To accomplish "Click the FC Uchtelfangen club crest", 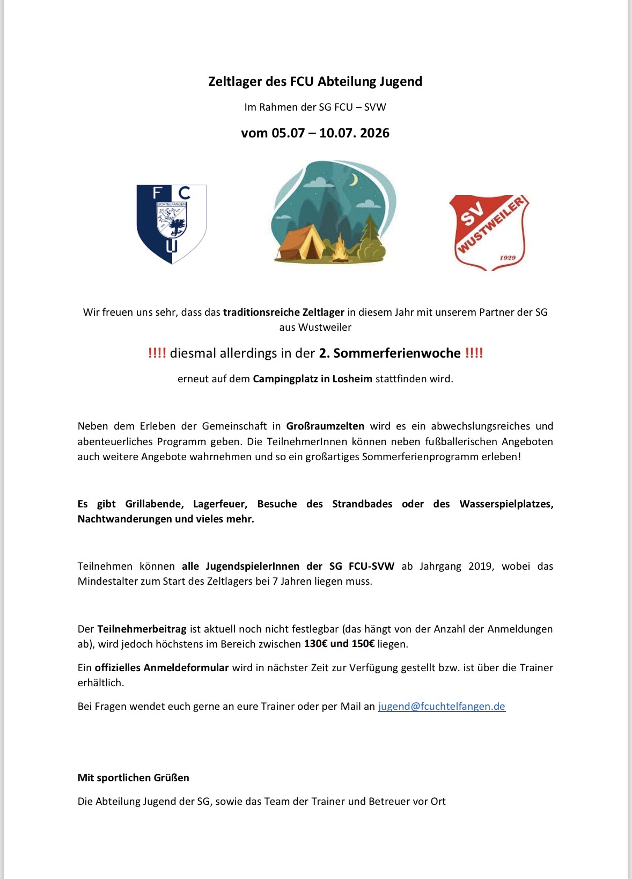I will pos(172,224).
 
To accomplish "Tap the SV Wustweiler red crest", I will pos(488,233).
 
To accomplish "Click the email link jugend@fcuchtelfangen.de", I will pos(442,706).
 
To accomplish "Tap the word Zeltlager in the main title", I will pos(235,82).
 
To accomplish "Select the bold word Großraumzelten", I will pos(325,426).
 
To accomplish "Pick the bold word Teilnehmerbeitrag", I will pos(142,629).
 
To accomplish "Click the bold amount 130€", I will pos(315,644).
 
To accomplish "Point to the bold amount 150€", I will pos(363,644).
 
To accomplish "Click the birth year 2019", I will pos(480,566).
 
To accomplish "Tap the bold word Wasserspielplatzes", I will pos(506,504).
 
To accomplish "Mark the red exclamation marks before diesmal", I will pos(157,353).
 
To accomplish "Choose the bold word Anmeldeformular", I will pos(162,667).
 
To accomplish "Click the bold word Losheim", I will pos(352,379).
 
